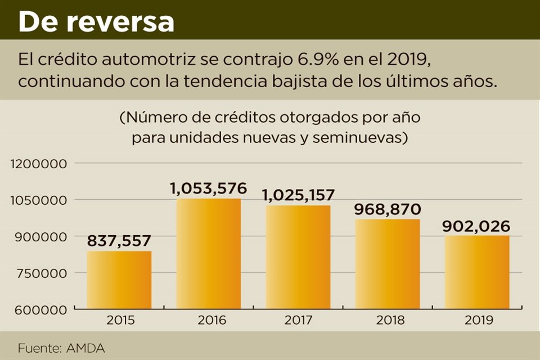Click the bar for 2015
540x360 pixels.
pos(119,280)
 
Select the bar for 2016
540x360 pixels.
pos(209,254)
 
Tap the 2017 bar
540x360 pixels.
pos(298,257)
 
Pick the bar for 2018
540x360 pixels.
pos(388,264)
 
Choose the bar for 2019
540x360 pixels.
pos(477,272)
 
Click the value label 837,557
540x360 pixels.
pos(119,241)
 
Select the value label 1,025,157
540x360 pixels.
pos(298,195)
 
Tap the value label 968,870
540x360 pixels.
pos(388,209)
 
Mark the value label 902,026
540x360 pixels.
pos(477,226)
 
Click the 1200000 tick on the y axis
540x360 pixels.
pos(39,164)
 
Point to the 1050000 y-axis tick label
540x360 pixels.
pos(39,200)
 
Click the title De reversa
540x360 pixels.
pos(96,22)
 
